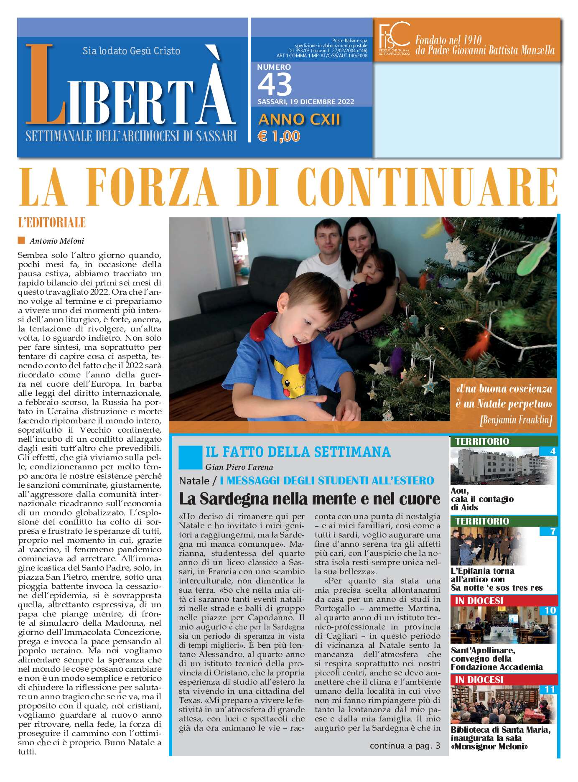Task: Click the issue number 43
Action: [x=275, y=84]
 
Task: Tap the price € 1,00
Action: [x=279, y=136]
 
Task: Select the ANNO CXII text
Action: [x=299, y=120]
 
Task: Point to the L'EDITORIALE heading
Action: [x=52, y=223]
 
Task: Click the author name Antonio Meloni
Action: [x=57, y=241]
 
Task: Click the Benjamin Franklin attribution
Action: [x=516, y=420]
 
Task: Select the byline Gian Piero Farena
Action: [x=239, y=467]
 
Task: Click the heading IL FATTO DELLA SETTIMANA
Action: [x=298, y=452]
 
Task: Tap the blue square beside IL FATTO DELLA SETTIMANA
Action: [x=190, y=457]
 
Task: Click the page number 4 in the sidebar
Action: [x=553, y=451]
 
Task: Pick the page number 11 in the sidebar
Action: [x=550, y=689]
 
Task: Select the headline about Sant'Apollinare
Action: [x=497, y=659]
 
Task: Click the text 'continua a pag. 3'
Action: [x=405, y=746]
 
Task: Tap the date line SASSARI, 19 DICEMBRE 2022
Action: [x=306, y=102]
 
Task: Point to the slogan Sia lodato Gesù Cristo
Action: [x=131, y=51]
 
